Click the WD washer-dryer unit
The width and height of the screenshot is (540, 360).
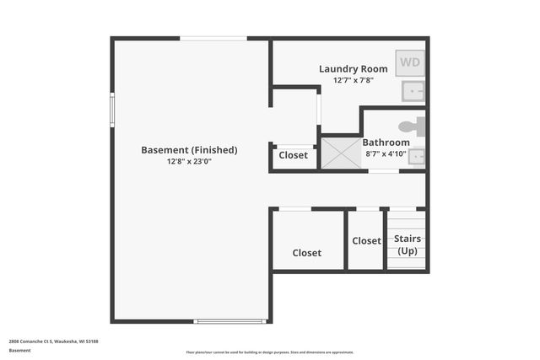click(410, 62)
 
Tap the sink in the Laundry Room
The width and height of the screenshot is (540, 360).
click(413, 90)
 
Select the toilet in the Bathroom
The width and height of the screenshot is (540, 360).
click(413, 126)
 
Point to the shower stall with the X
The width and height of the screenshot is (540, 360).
click(340, 153)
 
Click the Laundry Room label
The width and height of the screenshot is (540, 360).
click(354, 68)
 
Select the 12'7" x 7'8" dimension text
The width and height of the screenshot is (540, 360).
click(354, 81)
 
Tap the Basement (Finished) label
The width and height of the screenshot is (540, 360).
click(189, 150)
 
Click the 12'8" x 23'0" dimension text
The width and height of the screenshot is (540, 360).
click(189, 162)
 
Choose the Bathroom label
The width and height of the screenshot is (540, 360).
click(386, 142)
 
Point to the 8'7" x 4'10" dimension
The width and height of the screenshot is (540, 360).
click(386, 153)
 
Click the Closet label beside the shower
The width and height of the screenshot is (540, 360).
click(294, 155)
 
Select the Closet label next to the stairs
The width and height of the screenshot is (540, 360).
click(366, 241)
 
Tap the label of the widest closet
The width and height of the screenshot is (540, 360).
click(307, 253)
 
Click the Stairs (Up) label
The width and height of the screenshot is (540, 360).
click(408, 244)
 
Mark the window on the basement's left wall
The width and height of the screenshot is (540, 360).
click(112, 109)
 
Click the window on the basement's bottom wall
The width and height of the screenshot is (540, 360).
click(229, 321)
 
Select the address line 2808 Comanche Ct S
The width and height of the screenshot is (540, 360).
click(54, 341)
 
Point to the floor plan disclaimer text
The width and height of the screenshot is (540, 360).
click(270, 352)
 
